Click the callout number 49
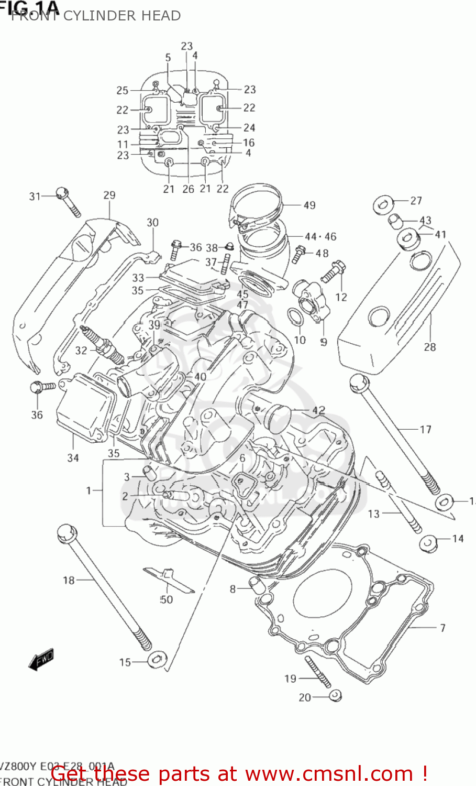(x=309, y=205)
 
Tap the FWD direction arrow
(x=41, y=660)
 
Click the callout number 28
(x=429, y=347)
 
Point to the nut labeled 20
(x=335, y=695)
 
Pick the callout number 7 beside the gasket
(x=442, y=627)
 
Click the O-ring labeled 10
(x=294, y=317)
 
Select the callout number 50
(x=166, y=599)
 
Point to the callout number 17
(x=425, y=430)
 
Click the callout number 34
(x=73, y=458)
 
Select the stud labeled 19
(x=317, y=672)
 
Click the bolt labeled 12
(x=332, y=272)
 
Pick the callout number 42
(x=318, y=411)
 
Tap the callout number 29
(x=109, y=195)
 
